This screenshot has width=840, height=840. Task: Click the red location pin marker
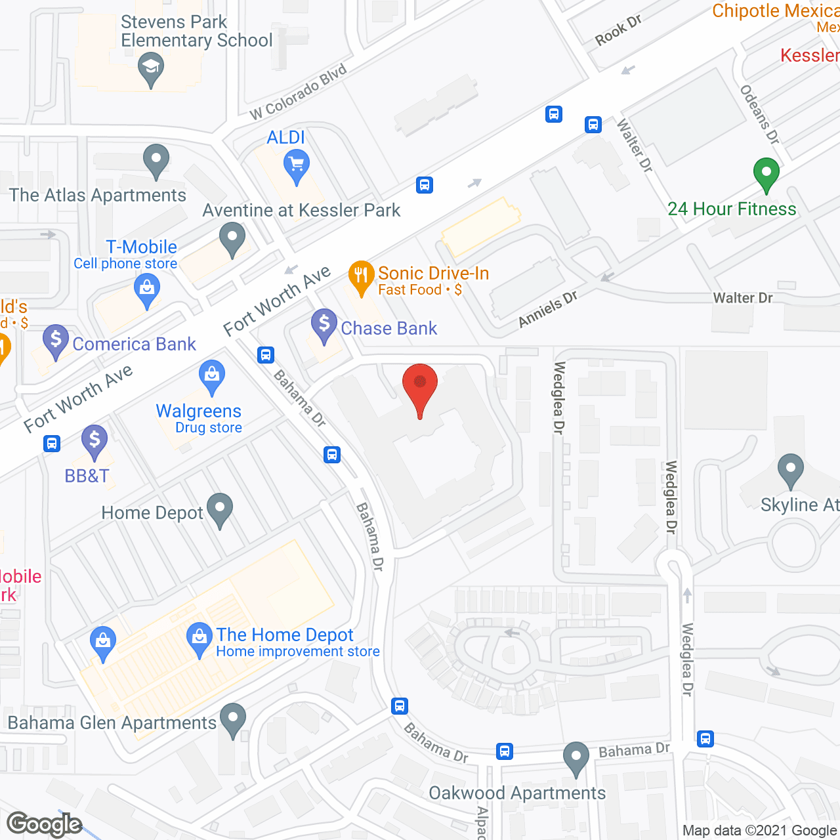click(419, 388)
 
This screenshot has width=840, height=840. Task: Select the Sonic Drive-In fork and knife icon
click(361, 278)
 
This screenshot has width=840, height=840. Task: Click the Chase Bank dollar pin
click(324, 325)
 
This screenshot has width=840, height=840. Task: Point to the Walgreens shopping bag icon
click(211, 377)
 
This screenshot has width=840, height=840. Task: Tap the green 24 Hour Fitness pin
click(766, 175)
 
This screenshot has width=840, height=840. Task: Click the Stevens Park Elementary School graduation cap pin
click(151, 70)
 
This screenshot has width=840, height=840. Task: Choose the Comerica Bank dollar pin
click(56, 341)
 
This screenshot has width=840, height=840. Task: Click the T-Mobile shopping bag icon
click(147, 291)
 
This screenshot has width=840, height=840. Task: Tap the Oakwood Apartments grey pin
click(576, 759)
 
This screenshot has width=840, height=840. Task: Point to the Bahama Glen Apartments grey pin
click(232, 720)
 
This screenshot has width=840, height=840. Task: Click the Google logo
click(45, 824)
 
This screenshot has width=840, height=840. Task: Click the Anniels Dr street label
click(548, 308)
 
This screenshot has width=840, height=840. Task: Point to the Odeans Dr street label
click(760, 115)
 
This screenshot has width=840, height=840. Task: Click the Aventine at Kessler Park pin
click(232, 240)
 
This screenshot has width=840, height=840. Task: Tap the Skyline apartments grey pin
click(790, 471)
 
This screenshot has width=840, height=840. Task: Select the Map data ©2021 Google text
click(760, 831)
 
